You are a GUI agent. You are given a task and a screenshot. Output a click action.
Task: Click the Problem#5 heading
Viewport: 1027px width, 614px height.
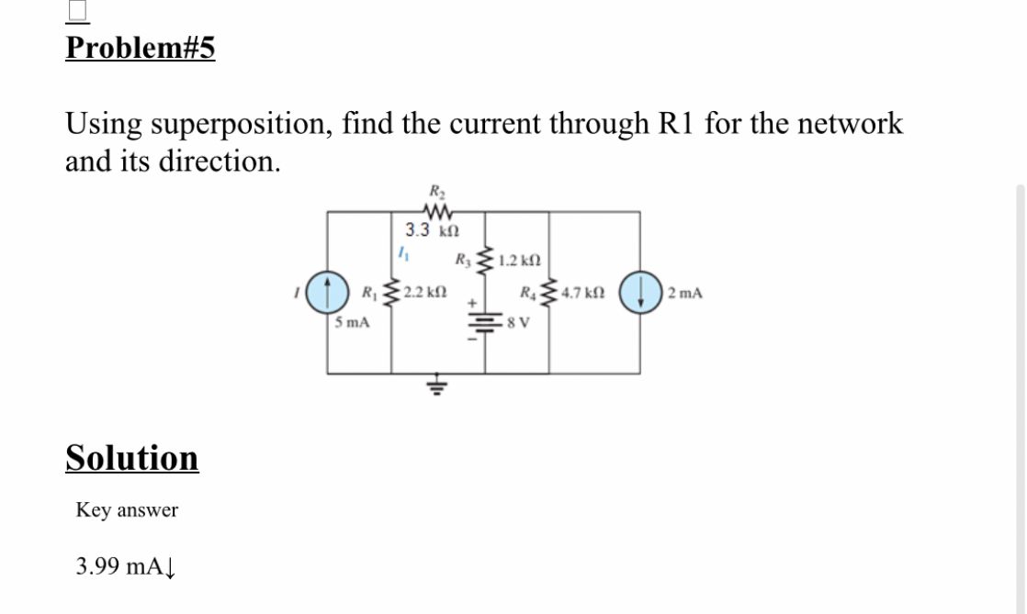pyautogui.click(x=140, y=48)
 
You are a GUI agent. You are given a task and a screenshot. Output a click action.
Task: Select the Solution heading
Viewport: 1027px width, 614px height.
pyautogui.click(x=131, y=457)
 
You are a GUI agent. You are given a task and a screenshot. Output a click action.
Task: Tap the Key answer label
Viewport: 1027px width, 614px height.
pyautogui.click(x=127, y=509)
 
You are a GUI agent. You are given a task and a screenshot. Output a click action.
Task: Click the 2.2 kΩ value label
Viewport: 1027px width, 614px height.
pyautogui.click(x=424, y=293)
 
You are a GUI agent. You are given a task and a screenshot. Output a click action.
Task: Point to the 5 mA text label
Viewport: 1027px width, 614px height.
pyautogui.click(x=352, y=322)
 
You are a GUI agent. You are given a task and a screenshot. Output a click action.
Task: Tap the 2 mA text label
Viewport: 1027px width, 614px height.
pyautogui.click(x=685, y=294)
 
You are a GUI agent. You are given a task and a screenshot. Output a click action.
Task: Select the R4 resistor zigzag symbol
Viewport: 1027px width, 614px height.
pyautogui.click(x=550, y=293)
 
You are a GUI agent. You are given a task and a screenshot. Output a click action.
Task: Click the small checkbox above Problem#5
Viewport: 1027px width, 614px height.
pyautogui.click(x=77, y=8)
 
